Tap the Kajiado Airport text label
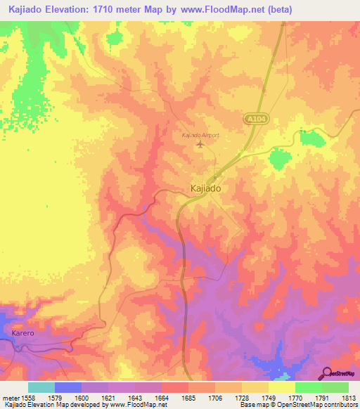click(200, 135)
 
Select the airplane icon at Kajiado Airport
click(202, 145)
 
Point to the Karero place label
click(23, 330)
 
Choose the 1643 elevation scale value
click(136, 398)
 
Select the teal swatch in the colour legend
click(41, 387)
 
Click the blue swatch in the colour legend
click(67, 387)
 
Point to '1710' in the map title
click(123, 9)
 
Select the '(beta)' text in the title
click(277, 9)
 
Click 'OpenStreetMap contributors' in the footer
click(321, 405)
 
